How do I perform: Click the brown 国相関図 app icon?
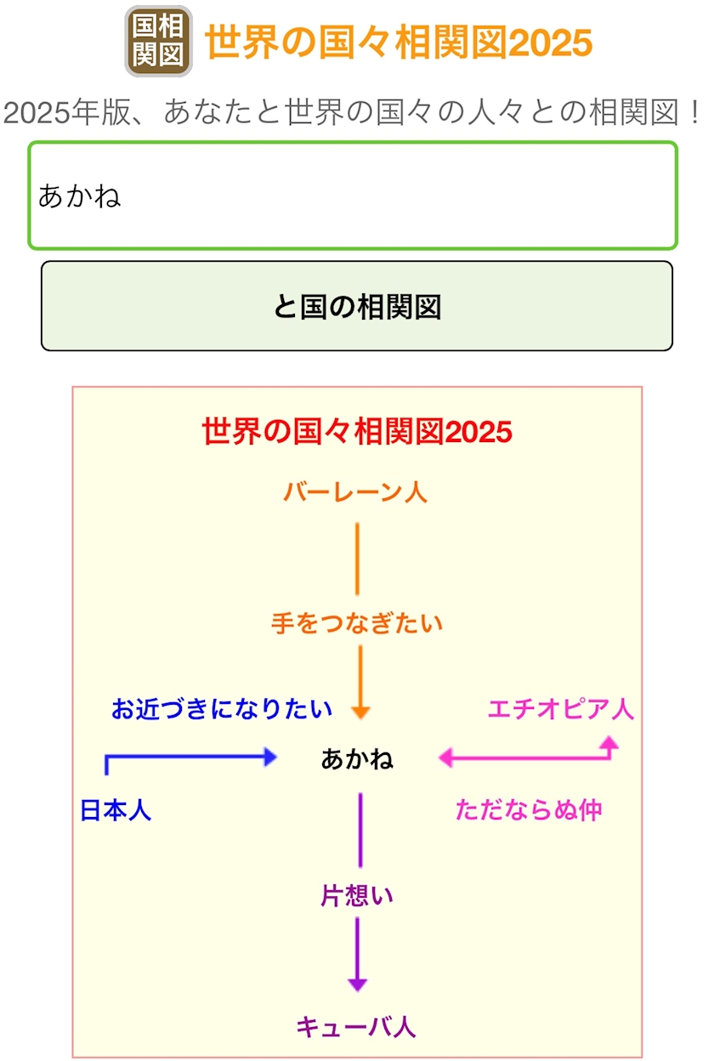[x=158, y=41]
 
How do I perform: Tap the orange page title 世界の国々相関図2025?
[x=398, y=42]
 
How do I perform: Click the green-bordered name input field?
[x=353, y=196]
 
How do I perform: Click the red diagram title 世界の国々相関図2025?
[x=357, y=431]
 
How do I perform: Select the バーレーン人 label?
[x=355, y=491]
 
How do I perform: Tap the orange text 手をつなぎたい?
[x=357, y=623]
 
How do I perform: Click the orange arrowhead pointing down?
[x=360, y=712]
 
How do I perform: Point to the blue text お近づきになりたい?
[x=222, y=709]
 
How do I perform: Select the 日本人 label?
[x=116, y=810]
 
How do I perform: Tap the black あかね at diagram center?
[x=357, y=759]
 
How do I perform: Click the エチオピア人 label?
[x=561, y=709]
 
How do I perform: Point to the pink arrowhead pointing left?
[x=446, y=757]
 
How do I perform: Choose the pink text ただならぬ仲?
[x=529, y=809]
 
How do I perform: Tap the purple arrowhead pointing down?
[x=358, y=984]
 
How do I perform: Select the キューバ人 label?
[x=356, y=1027]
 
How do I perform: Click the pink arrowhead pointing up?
[x=609, y=742]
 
